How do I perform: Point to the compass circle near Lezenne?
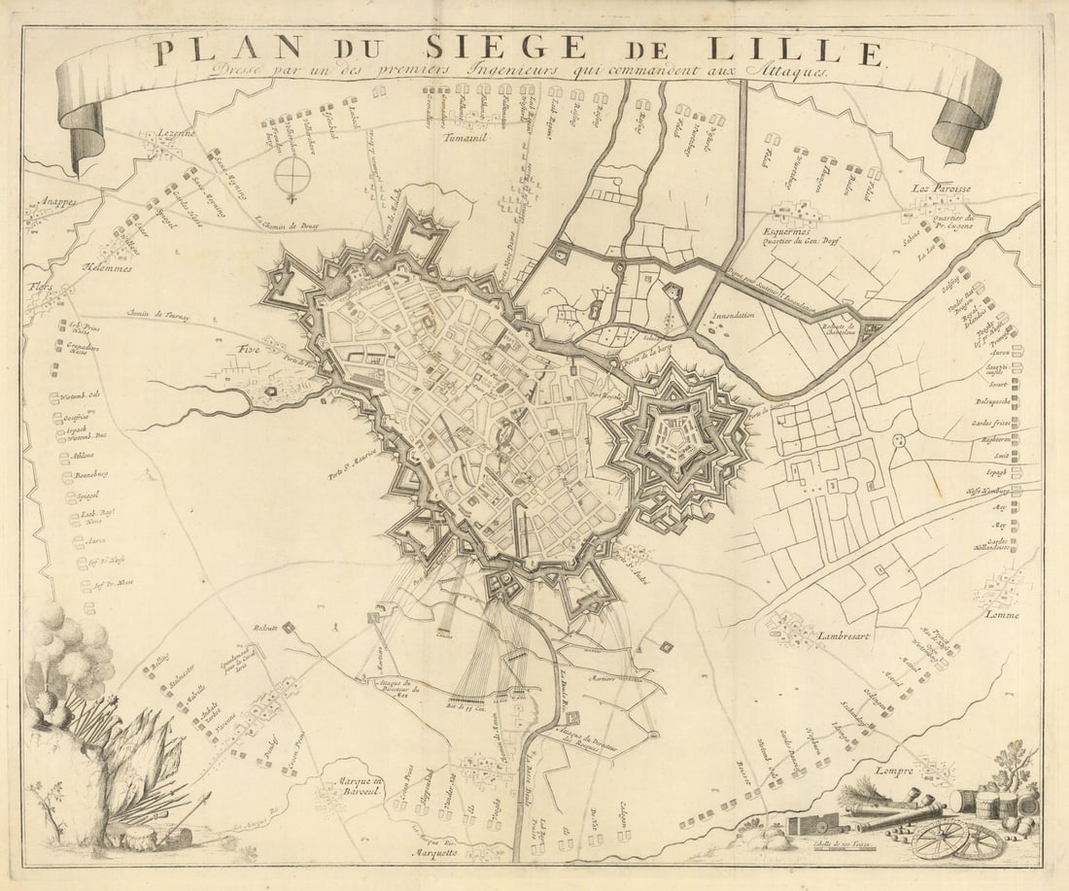pyautogui.click(x=292, y=175)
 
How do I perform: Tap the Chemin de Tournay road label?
pyautogui.click(x=158, y=317)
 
